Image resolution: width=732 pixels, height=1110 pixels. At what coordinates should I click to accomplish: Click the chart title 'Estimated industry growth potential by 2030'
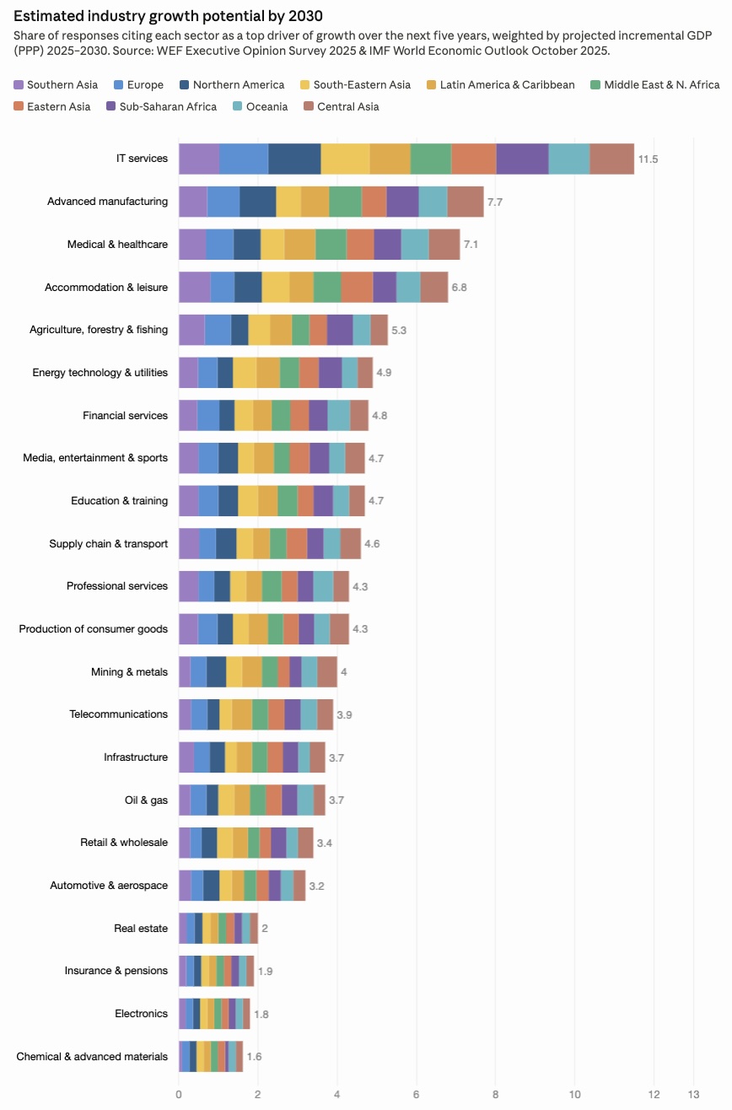(x=168, y=16)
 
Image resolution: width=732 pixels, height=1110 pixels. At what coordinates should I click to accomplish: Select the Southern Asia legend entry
(x=56, y=84)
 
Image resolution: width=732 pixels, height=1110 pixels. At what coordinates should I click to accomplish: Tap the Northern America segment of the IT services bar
(x=294, y=159)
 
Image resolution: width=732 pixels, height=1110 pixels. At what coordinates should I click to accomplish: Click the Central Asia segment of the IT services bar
(x=611, y=159)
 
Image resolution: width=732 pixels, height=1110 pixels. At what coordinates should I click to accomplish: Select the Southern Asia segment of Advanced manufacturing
(x=193, y=202)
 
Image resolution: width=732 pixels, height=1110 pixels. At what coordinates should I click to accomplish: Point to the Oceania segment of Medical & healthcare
(x=415, y=245)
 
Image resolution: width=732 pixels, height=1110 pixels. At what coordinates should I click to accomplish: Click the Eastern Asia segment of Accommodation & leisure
(x=357, y=288)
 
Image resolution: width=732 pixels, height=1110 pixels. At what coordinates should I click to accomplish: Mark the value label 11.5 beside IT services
(x=648, y=159)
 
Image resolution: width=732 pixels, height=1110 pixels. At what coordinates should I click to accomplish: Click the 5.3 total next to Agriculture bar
(x=399, y=330)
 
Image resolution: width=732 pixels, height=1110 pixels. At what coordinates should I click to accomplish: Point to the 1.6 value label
(x=254, y=1057)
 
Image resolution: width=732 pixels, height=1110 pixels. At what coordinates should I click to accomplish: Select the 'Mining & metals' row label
(x=129, y=672)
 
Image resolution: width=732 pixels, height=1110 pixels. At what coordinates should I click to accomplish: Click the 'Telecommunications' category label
(x=118, y=714)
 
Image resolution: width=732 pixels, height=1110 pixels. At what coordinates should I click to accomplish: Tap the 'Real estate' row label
(x=141, y=929)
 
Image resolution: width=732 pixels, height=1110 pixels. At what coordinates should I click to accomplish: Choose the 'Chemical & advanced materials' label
(x=92, y=1057)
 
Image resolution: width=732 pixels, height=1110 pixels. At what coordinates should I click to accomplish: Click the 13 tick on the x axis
(x=693, y=1094)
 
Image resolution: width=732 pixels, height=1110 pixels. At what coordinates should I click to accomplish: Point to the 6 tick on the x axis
(x=416, y=1094)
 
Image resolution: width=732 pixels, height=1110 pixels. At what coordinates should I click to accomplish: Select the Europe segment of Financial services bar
(x=208, y=416)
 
